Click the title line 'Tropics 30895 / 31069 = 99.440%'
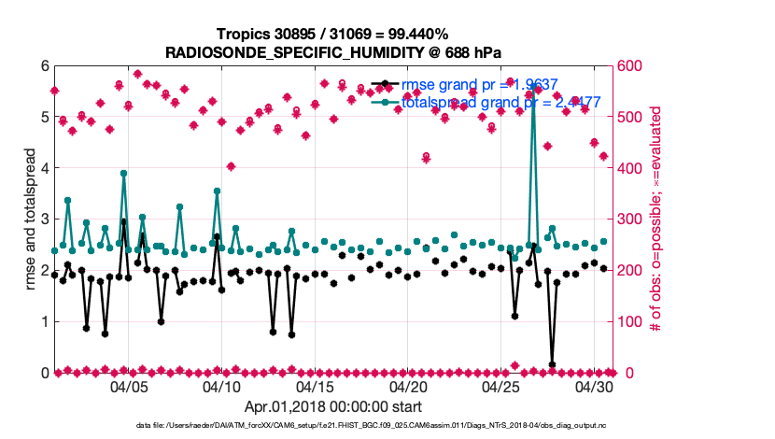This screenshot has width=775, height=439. point(333,34)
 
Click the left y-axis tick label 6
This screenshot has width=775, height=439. point(44,66)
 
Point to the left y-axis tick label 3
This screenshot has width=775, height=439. point(44,219)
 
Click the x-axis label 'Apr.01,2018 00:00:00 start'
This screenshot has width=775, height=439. point(333,406)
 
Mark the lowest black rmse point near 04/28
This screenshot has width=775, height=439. point(552,364)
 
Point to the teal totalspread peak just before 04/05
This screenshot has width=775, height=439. point(123,173)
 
